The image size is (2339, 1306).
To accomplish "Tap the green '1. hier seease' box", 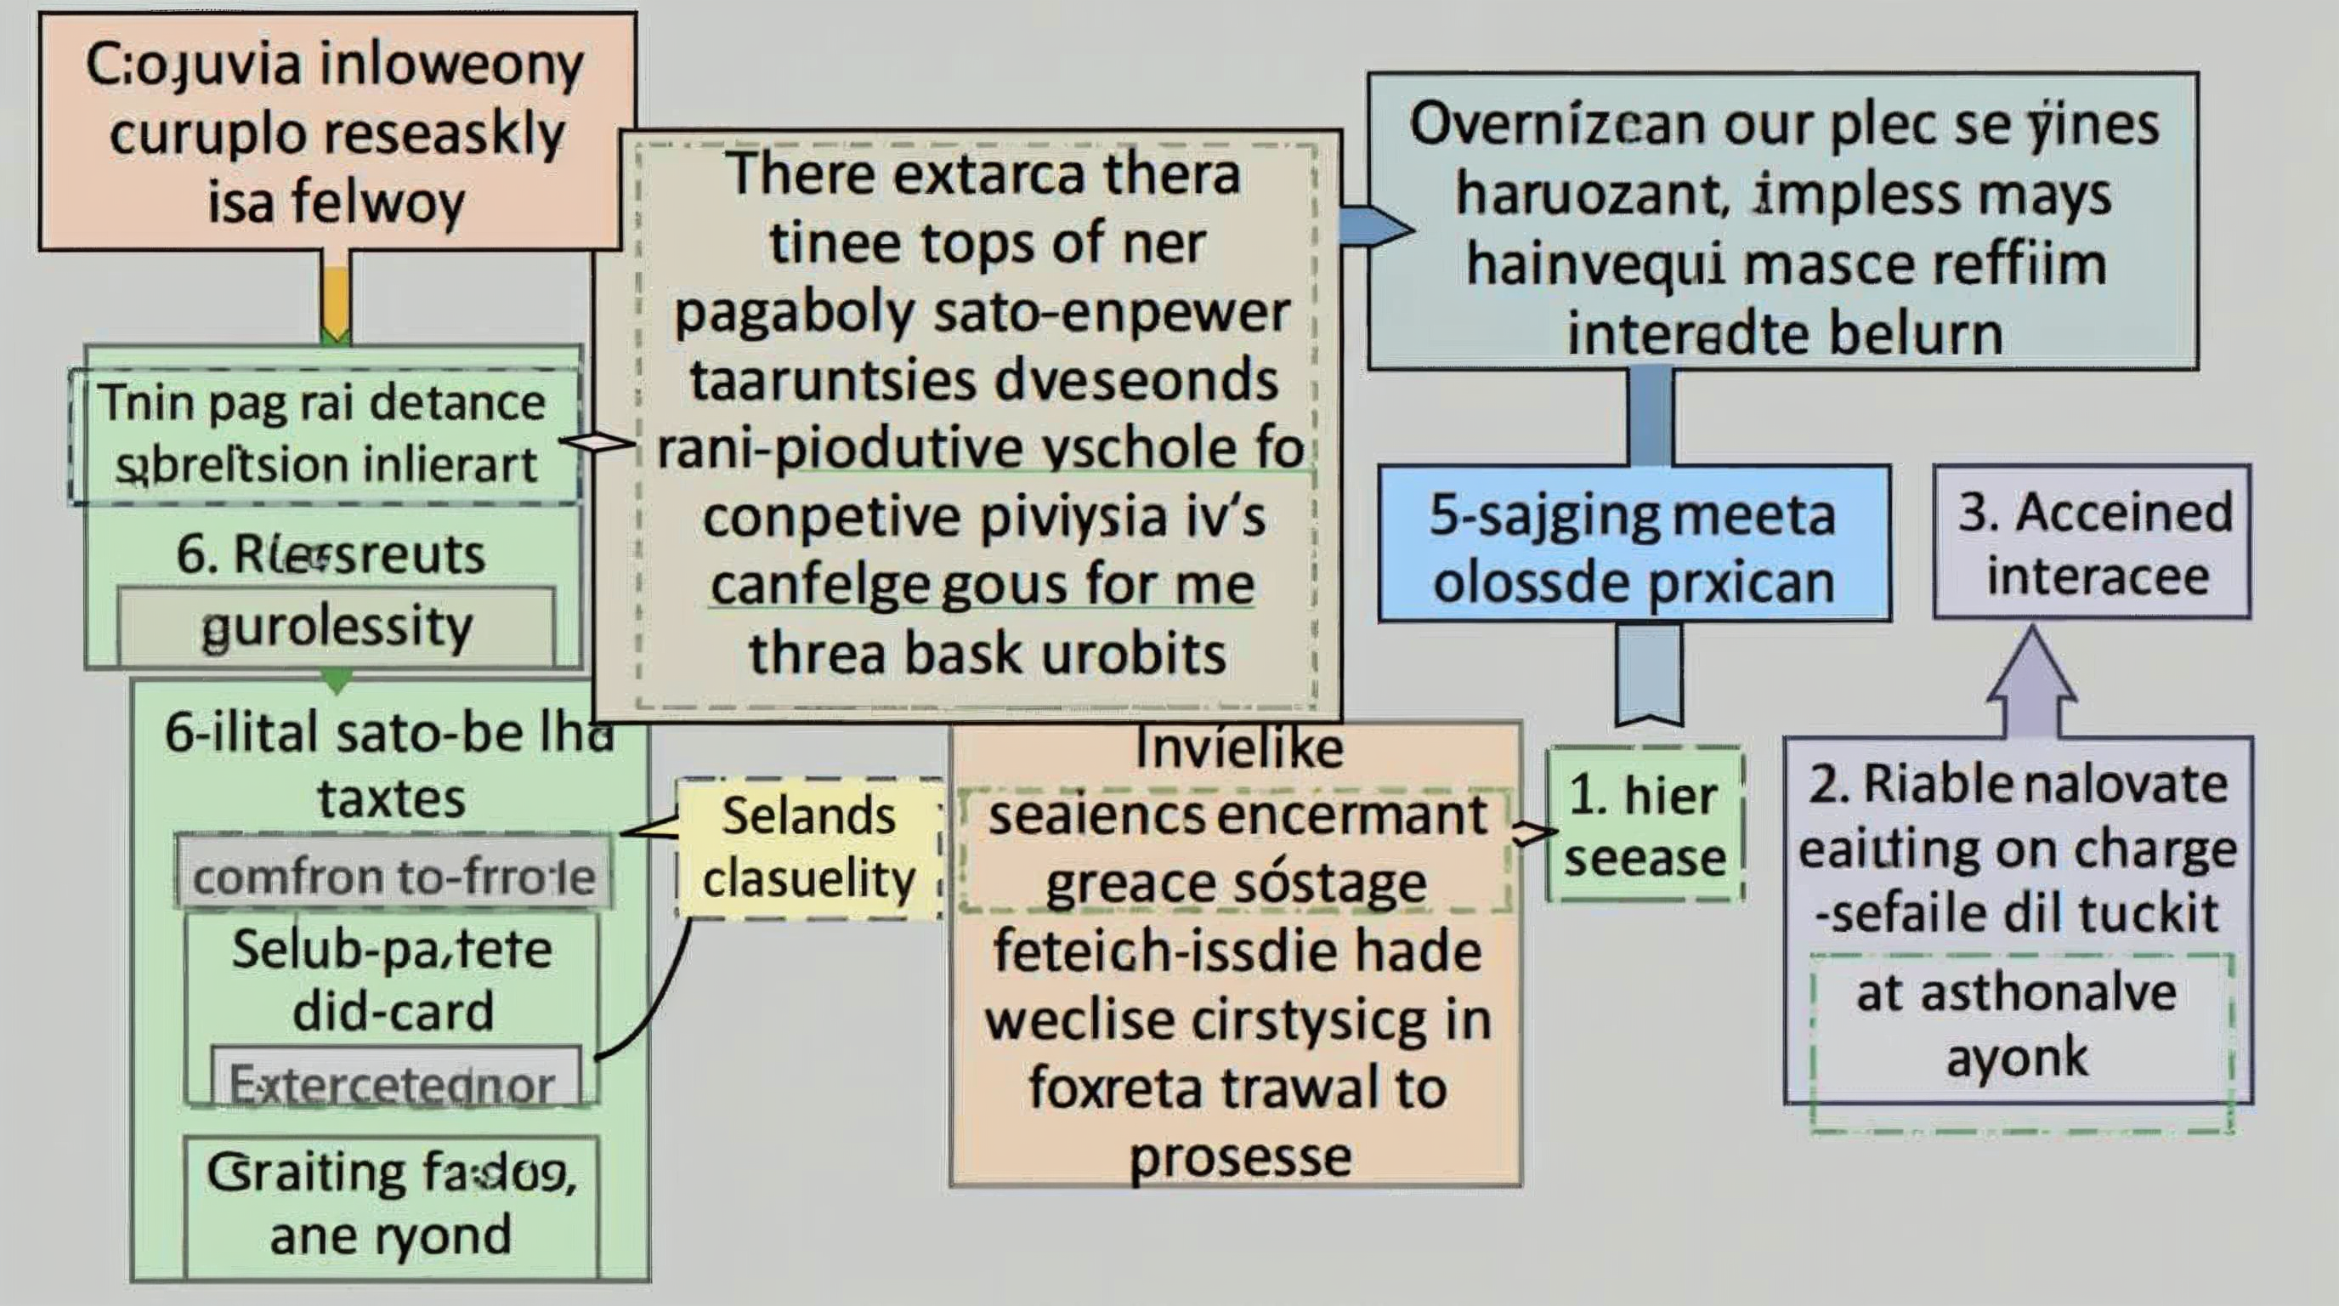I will click(x=1645, y=825).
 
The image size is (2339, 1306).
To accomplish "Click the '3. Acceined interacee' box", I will click(x=2092, y=543).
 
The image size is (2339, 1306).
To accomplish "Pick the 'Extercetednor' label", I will click(x=393, y=1084).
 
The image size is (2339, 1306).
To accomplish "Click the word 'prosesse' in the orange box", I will click(x=1239, y=1156).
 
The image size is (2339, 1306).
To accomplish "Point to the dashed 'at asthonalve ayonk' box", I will click(x=2019, y=1026).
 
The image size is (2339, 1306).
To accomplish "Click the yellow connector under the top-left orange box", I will click(x=335, y=299).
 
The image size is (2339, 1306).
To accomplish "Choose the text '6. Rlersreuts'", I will click(x=331, y=554).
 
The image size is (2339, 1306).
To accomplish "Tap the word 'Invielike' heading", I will click(x=1238, y=748).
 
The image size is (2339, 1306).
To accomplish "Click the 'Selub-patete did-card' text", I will click(x=391, y=979).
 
